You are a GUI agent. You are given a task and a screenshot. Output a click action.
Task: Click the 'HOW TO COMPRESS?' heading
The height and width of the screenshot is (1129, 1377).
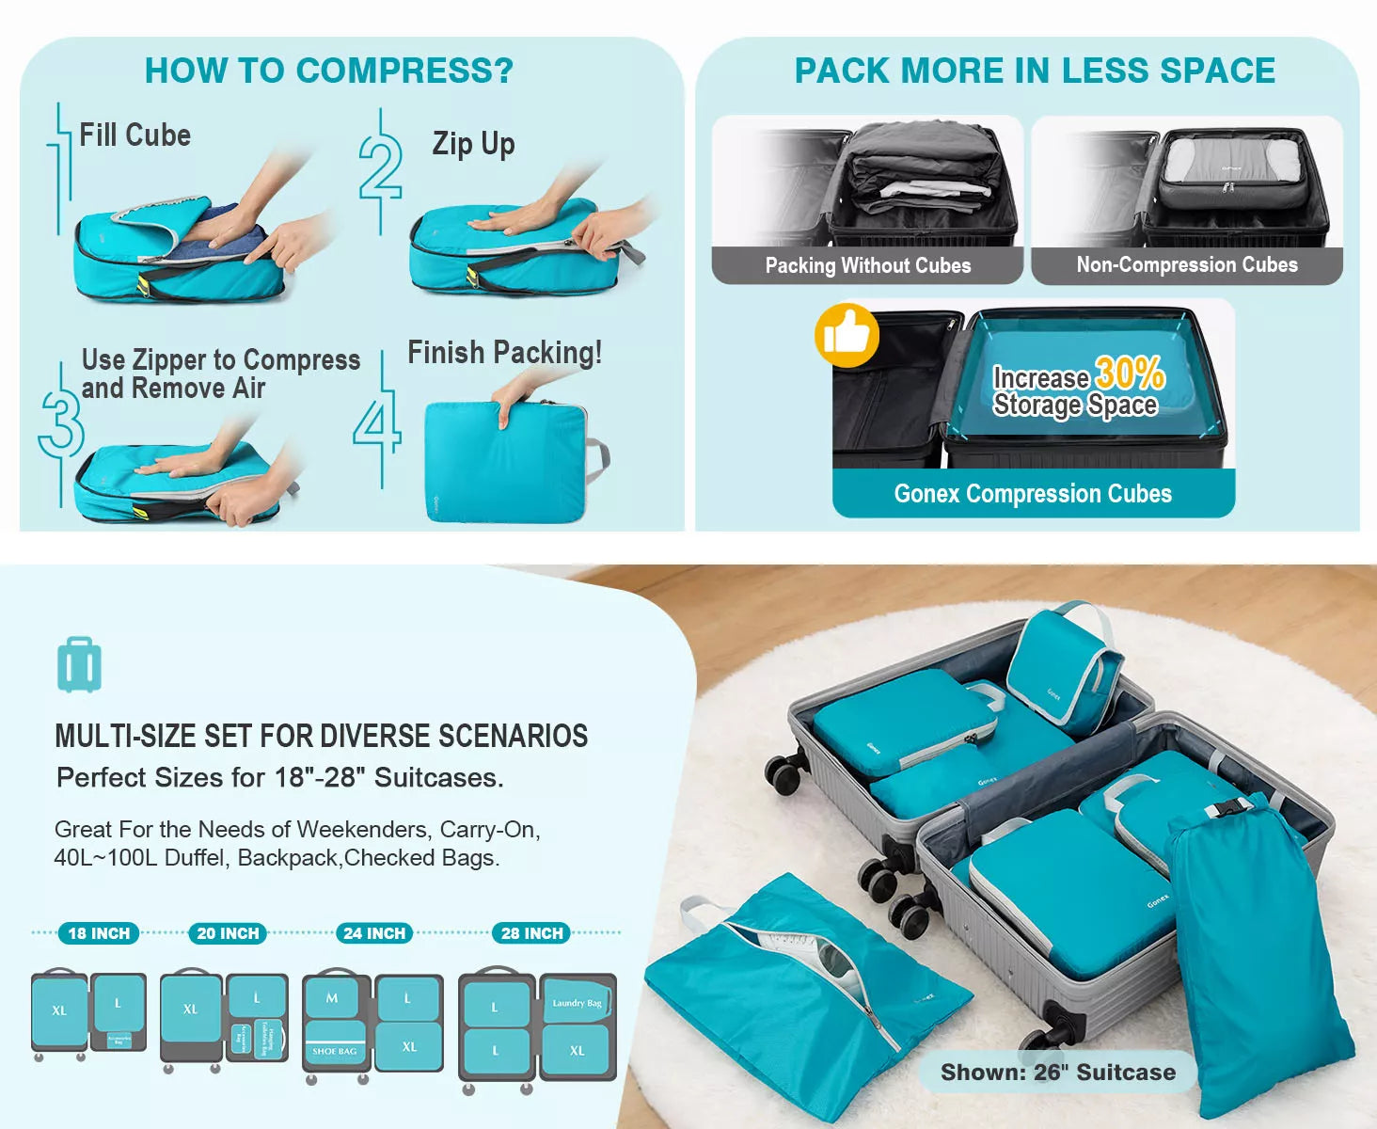(328, 71)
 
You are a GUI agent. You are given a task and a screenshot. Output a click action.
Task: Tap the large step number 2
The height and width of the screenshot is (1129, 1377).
(381, 169)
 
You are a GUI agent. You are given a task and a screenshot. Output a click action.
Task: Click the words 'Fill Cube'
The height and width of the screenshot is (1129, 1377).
(135, 135)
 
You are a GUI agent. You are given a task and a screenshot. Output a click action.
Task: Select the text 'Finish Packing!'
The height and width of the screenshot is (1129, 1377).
(504, 353)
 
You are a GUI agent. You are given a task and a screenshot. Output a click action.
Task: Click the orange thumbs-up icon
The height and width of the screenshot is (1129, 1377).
(847, 335)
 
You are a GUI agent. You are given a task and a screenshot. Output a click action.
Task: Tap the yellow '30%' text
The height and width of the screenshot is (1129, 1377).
(1130, 374)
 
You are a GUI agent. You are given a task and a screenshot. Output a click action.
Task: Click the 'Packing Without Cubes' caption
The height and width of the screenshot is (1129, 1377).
(867, 265)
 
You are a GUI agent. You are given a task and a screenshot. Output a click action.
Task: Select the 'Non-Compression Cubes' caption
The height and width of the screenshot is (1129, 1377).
(1186, 265)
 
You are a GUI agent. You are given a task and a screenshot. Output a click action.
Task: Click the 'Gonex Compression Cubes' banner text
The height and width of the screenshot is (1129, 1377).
(1033, 494)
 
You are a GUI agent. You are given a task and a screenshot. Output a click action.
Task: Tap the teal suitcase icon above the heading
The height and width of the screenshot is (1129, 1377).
(79, 665)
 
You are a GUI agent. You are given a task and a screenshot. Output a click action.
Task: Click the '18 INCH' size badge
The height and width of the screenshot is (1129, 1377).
(99, 933)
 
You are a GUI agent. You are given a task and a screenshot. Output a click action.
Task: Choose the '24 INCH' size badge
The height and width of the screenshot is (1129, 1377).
(374, 933)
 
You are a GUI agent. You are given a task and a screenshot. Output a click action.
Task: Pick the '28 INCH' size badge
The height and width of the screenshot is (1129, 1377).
(531, 933)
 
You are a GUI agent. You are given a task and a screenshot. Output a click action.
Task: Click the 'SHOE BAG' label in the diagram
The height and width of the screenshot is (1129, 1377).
(335, 1051)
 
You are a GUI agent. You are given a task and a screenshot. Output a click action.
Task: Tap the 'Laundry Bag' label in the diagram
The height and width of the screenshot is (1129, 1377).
(577, 1003)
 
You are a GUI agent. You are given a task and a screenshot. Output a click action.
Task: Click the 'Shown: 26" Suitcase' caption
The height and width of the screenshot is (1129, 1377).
(1057, 1073)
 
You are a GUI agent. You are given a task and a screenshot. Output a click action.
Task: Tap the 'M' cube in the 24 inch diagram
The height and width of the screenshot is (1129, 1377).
(332, 998)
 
